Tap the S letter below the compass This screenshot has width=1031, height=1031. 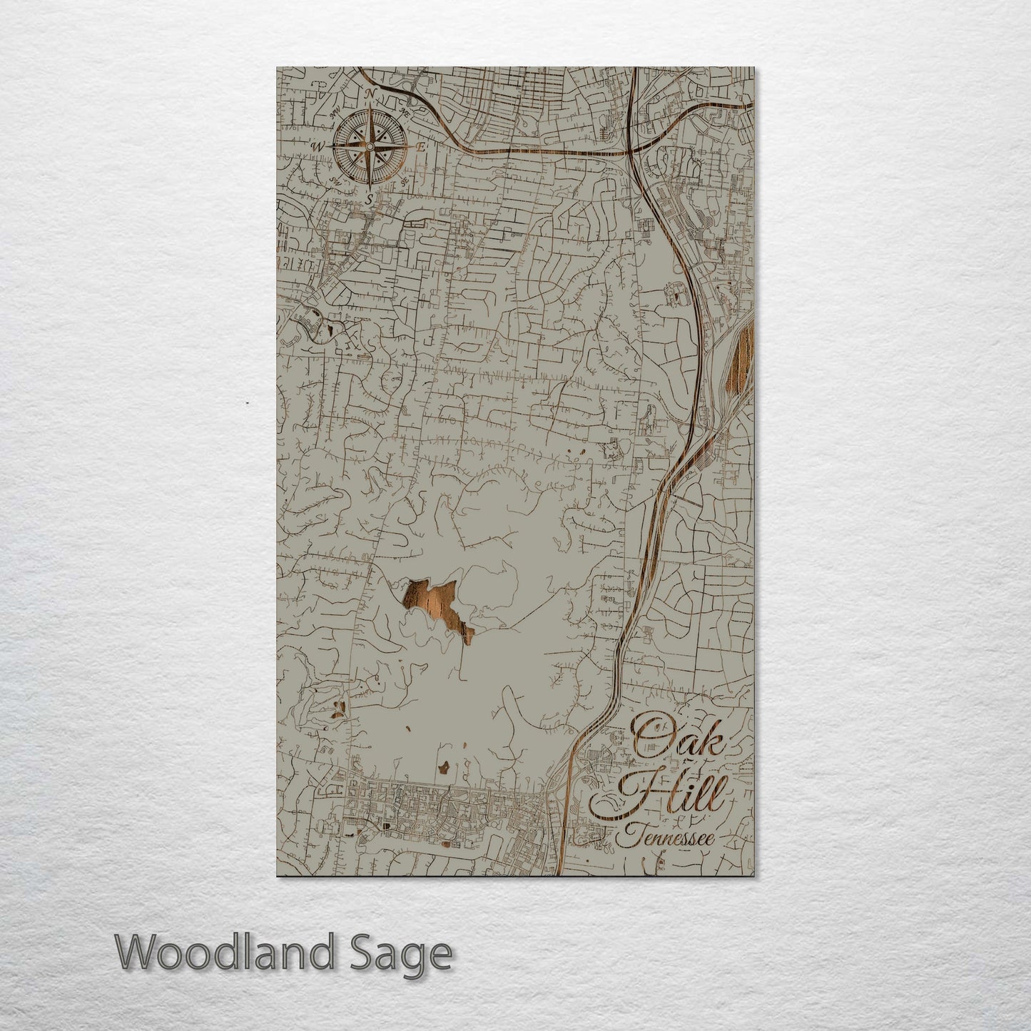coord(368,199)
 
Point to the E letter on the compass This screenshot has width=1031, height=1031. coord(421,147)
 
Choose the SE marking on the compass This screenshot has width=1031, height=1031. coord(404,181)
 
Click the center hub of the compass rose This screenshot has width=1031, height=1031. coord(369,147)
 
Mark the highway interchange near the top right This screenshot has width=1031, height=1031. coord(632,152)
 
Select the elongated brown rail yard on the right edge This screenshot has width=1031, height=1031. coord(742,357)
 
